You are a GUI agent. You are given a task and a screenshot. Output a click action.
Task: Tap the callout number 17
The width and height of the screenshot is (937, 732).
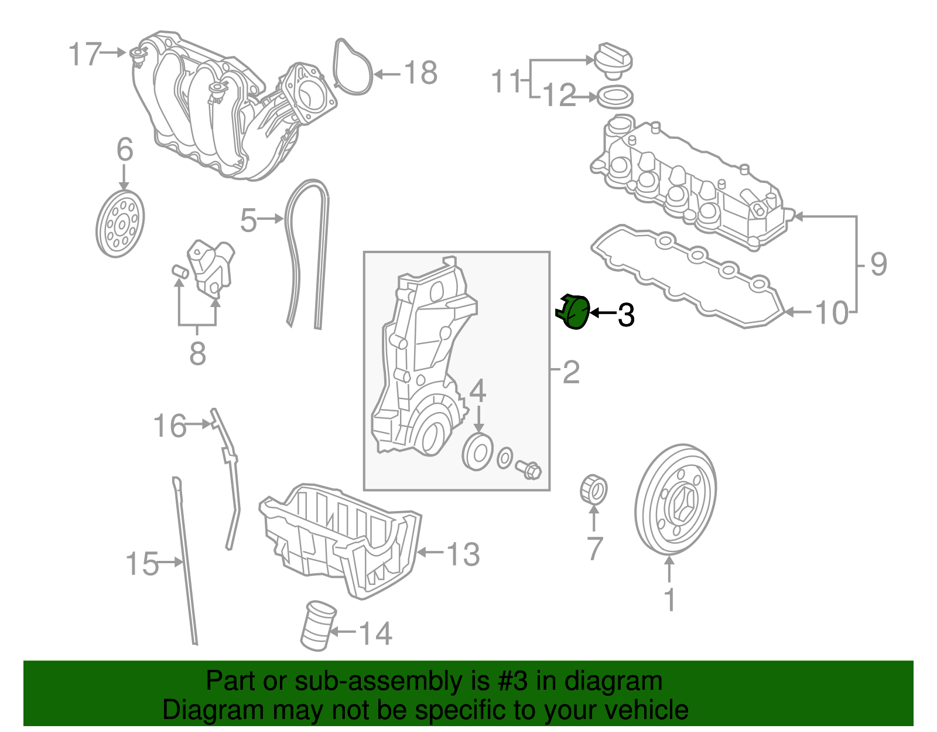coord(86,54)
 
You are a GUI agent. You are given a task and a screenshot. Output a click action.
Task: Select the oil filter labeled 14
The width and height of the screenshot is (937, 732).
coord(317,626)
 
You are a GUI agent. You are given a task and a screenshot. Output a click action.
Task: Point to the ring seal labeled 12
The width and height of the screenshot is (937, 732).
coord(614,97)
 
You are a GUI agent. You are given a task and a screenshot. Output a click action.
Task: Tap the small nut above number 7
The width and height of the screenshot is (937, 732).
coord(593,490)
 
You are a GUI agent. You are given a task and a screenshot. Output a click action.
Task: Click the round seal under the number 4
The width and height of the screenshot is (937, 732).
coord(477,452)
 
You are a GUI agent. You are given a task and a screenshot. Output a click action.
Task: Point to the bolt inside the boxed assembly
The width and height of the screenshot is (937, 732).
coord(529,469)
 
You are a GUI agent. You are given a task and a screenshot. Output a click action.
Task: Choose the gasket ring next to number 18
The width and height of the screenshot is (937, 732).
coord(353,67)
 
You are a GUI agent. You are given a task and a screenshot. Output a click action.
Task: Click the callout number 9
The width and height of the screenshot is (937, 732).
coord(878,264)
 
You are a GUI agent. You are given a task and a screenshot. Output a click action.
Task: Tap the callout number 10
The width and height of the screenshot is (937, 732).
coord(832,313)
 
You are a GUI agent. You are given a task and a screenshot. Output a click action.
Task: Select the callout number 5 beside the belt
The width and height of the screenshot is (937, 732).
coord(248,221)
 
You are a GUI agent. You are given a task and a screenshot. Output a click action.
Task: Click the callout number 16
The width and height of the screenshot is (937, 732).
coord(169,426)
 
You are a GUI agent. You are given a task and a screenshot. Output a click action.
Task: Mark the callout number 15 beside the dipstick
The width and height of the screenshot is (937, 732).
coord(142,564)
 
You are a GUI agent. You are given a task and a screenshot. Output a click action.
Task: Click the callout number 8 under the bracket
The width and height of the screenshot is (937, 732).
coord(197,353)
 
